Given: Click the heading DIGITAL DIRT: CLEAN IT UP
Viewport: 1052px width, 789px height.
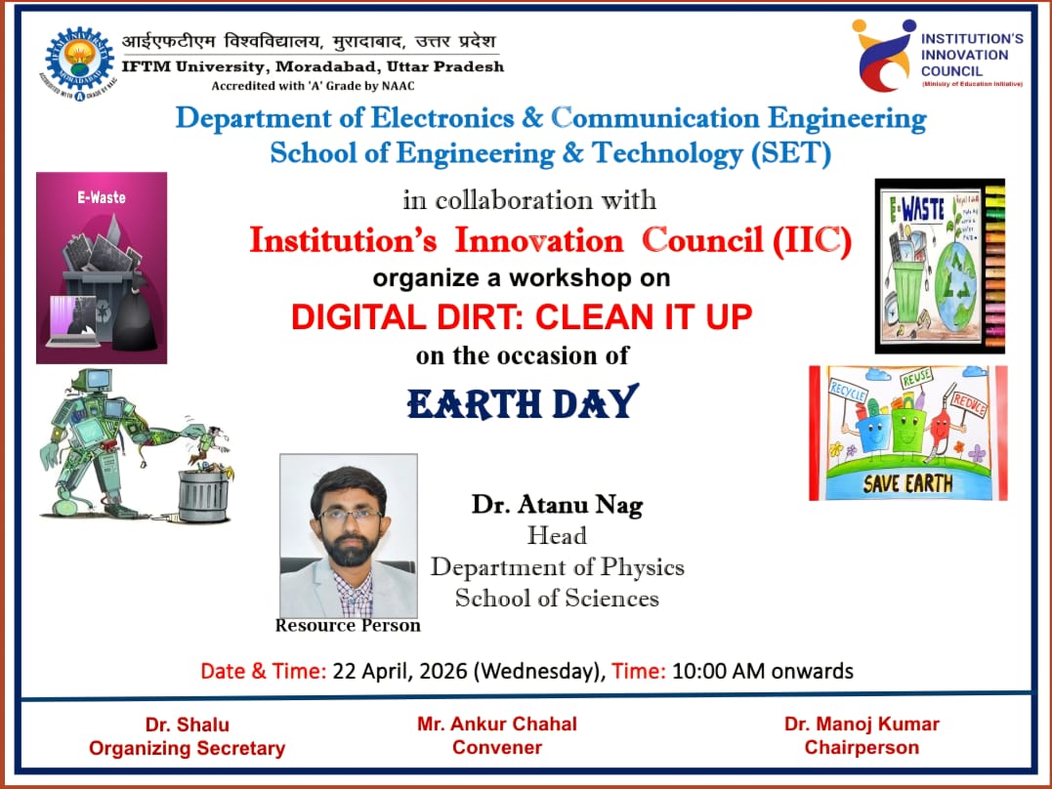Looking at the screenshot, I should click(x=523, y=316).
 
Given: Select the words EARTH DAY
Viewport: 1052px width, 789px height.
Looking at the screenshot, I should click(x=523, y=402).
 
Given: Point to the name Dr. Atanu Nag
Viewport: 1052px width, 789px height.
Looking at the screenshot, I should click(x=558, y=505).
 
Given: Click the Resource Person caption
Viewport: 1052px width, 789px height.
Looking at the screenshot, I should click(x=348, y=625).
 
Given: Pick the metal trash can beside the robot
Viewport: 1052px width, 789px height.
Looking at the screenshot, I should click(x=202, y=493).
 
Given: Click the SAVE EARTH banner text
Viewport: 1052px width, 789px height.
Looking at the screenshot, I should click(x=908, y=483).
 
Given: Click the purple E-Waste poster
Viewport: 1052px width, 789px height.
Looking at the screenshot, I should click(x=102, y=268).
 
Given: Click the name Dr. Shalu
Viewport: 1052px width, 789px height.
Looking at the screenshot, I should click(x=187, y=725).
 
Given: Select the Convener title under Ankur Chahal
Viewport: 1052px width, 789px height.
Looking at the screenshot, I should click(x=496, y=748).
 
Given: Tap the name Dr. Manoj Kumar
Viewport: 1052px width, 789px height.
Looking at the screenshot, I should click(x=862, y=725).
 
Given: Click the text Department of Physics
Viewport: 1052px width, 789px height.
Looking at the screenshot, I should click(x=558, y=567).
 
